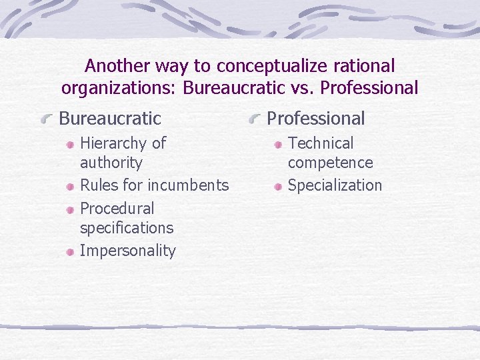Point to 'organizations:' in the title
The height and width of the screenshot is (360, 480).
[119, 87]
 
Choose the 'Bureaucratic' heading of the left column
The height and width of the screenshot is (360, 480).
[110, 119]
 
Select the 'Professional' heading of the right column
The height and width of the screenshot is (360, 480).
[315, 119]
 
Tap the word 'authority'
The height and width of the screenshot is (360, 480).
[111, 163]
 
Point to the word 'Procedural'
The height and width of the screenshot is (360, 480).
[117, 209]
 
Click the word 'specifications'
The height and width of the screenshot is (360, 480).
[126, 228]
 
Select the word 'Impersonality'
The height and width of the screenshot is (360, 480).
[127, 251]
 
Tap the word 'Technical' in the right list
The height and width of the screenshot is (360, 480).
[321, 143]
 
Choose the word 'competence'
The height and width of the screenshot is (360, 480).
[330, 163]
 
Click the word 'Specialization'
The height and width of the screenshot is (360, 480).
[335, 185]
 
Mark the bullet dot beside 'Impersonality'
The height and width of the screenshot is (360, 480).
[70, 252]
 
